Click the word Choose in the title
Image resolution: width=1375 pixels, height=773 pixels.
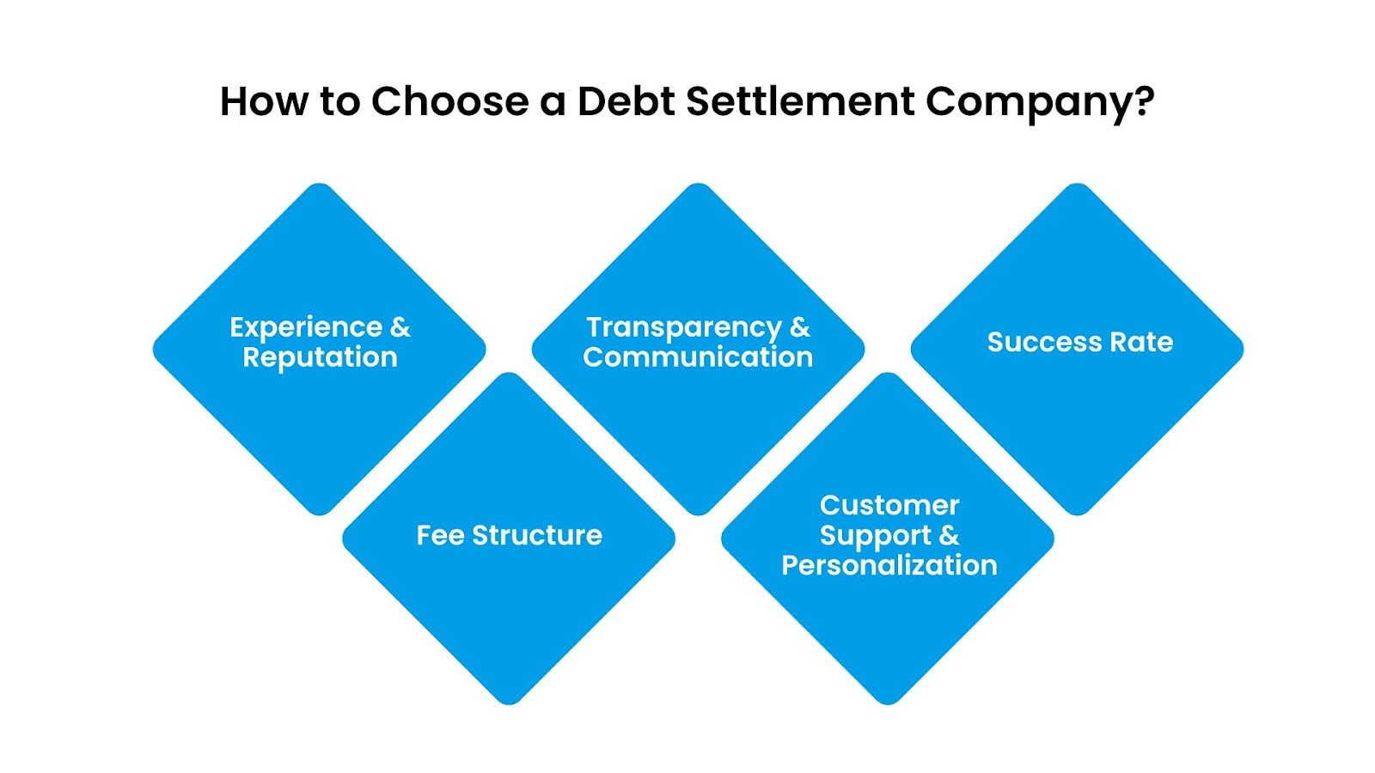[x=449, y=101]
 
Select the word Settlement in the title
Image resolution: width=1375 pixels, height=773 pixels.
[x=800, y=101]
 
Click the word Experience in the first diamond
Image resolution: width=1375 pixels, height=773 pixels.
[x=306, y=328]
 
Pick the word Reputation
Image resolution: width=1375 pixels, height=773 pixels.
[x=320, y=357]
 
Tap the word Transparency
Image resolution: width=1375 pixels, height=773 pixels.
[x=684, y=328]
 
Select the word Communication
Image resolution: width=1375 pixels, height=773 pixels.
[x=698, y=357]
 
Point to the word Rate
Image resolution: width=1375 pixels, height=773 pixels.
[x=1141, y=343]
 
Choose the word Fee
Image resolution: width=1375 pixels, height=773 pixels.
[x=441, y=535]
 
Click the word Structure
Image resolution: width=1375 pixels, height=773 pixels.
[x=537, y=535]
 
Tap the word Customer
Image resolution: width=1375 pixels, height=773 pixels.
[x=889, y=505]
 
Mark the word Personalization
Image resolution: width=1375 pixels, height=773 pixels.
[x=889, y=565]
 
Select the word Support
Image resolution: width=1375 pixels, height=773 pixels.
[x=875, y=536]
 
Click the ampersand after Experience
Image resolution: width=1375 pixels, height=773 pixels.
[x=400, y=327]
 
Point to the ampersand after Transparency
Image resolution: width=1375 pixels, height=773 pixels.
[x=799, y=327]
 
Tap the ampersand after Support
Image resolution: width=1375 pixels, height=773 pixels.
[x=949, y=535]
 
